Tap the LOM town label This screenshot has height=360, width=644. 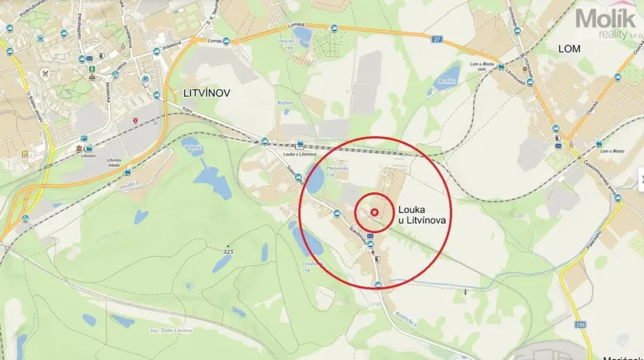pos(569,48)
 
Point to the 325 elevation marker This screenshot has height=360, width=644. pos(227,252)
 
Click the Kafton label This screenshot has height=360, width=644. pos(286,101)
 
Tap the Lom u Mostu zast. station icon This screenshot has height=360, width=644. pos(501,67)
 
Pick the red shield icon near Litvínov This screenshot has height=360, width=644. pos(136,120)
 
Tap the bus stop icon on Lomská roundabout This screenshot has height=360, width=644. pos(226,41)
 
